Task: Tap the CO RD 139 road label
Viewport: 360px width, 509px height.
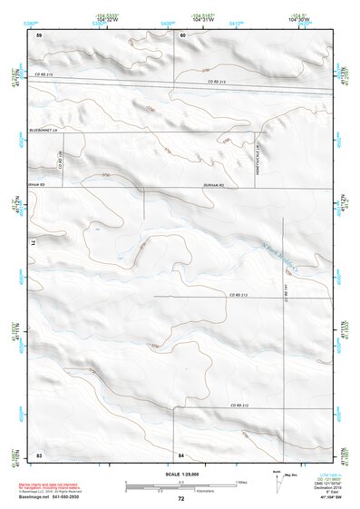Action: (60, 161)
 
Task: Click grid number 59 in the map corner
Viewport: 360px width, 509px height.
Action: (39, 34)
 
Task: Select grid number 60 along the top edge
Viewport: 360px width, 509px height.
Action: (182, 34)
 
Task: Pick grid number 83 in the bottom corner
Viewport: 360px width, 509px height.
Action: (39, 453)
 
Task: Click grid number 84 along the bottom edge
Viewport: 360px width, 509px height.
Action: (181, 453)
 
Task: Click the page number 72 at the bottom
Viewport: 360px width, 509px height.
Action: (180, 498)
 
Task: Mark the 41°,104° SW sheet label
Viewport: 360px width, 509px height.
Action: (333, 498)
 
